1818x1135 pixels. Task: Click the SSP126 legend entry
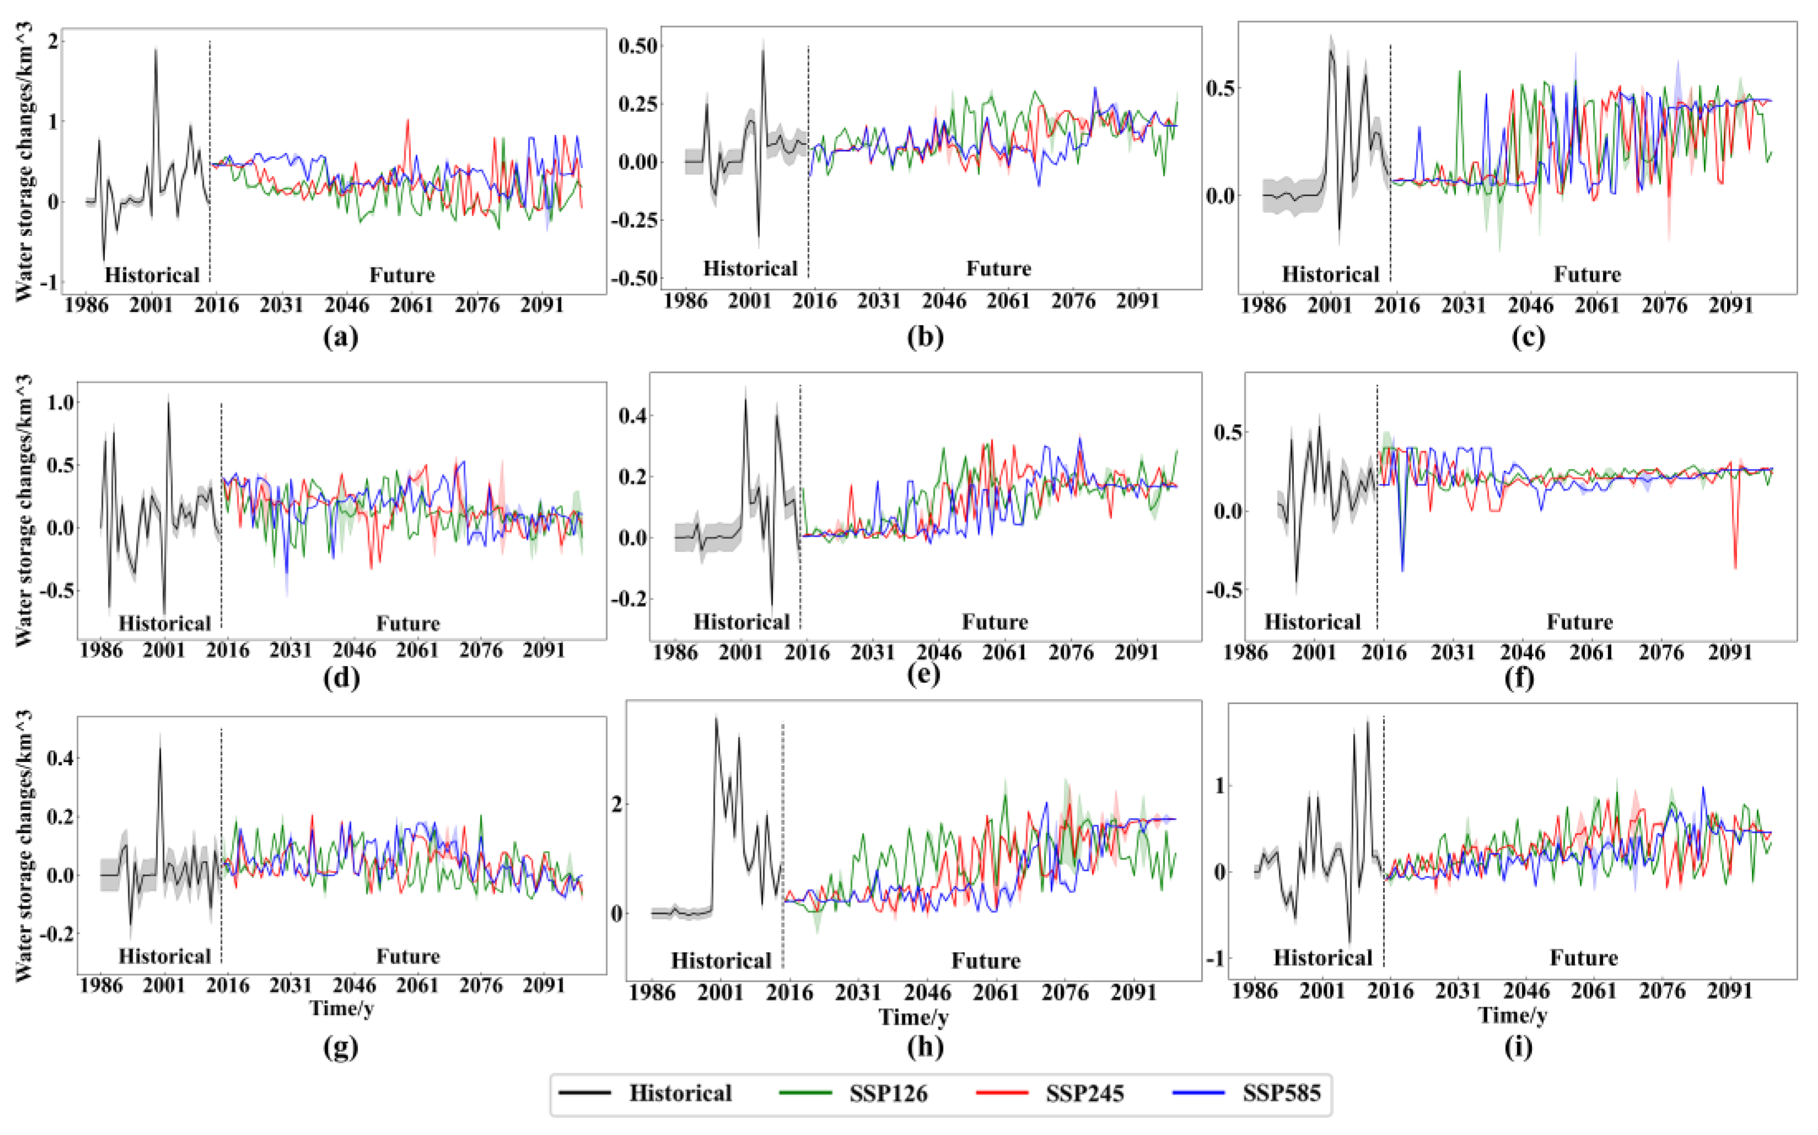(x=887, y=1094)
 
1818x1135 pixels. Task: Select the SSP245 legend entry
(x=1084, y=1094)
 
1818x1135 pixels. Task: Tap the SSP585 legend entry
(x=1281, y=1094)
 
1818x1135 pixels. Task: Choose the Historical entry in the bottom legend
(x=679, y=1094)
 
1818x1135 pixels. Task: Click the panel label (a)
(x=340, y=337)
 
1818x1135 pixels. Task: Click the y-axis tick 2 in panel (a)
(x=52, y=41)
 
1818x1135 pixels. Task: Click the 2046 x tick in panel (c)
(x=1530, y=306)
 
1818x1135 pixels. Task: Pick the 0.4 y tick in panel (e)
(x=632, y=416)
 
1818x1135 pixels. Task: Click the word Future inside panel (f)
(x=1579, y=622)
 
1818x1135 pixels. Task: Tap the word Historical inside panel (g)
(x=164, y=956)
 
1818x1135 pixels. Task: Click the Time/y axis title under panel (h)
(x=914, y=1017)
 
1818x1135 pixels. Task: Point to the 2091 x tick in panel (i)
(x=1729, y=991)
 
